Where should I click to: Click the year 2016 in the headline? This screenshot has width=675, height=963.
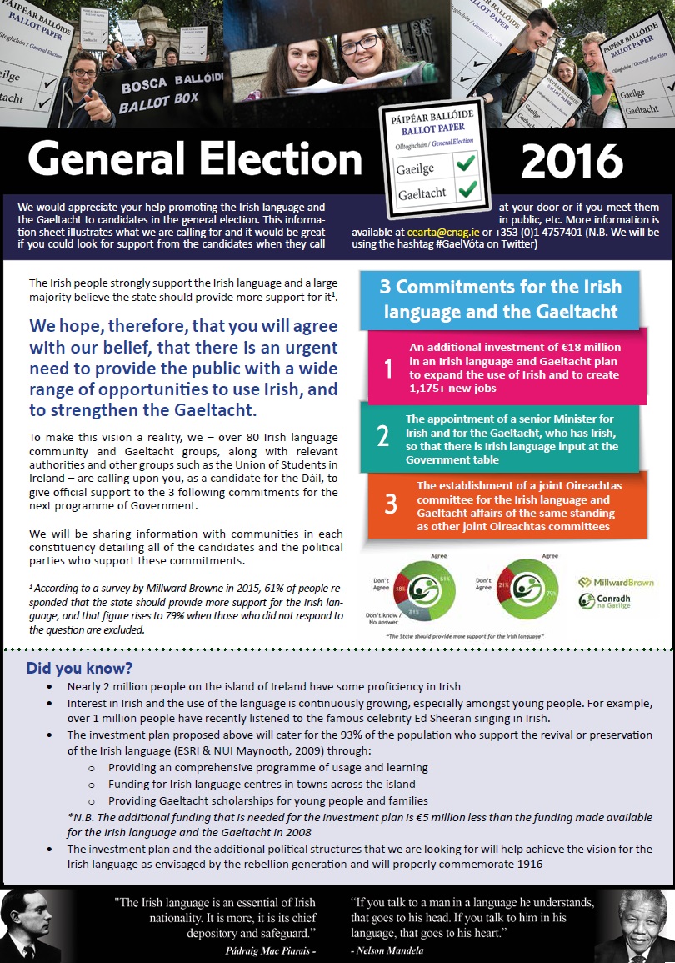[x=571, y=161]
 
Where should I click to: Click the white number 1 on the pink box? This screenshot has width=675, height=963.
[x=387, y=368]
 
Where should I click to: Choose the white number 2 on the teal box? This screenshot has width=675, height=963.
[x=382, y=435]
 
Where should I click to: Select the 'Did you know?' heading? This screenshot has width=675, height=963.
[x=79, y=668]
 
